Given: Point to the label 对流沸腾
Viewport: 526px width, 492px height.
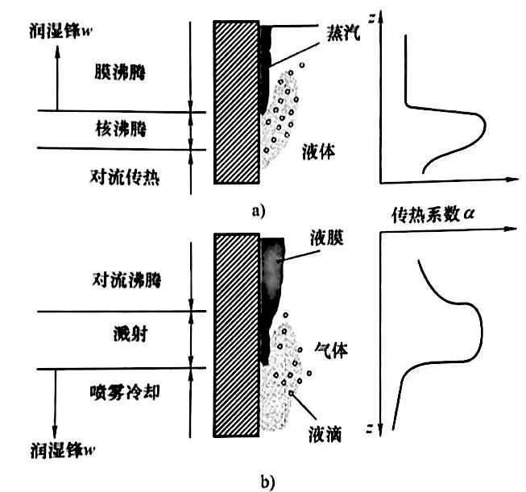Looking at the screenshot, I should pos(122,281).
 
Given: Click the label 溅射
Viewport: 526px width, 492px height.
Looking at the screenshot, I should pos(122,334).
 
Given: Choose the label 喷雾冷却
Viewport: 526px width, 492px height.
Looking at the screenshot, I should pos(122,391).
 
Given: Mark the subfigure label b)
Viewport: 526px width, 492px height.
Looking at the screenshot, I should pos(259,481).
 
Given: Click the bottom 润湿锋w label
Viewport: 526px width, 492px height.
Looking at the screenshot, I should pos(52,448).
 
